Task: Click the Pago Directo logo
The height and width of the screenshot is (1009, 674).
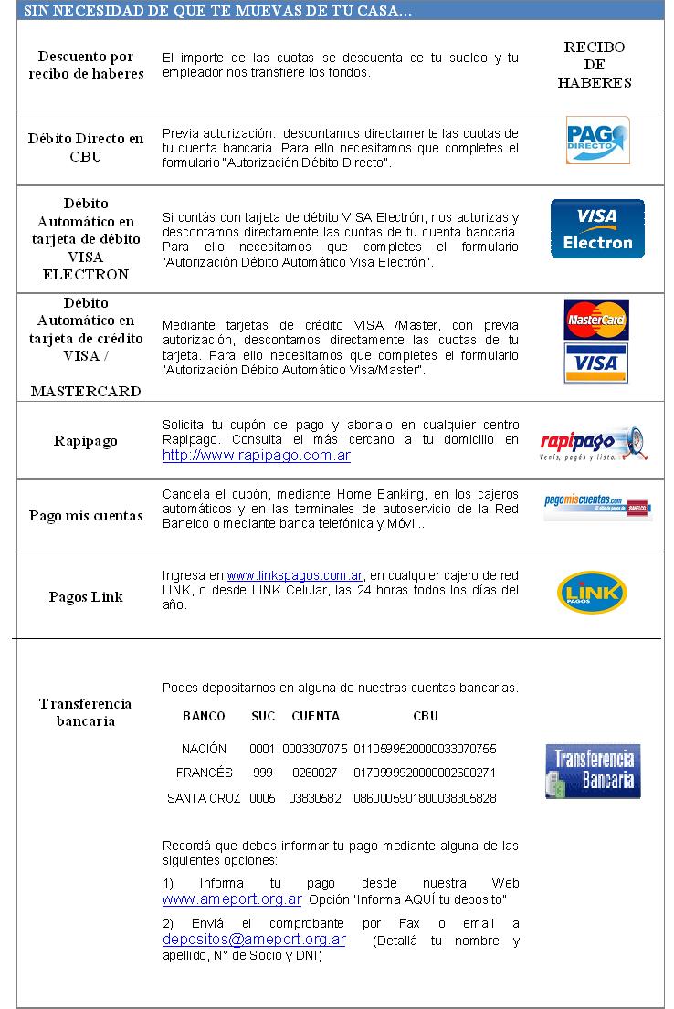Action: click(x=597, y=140)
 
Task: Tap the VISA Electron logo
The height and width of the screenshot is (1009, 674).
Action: click(x=597, y=228)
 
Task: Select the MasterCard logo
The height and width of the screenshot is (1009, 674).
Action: click(x=596, y=321)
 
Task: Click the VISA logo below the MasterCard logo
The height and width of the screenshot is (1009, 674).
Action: click(x=596, y=363)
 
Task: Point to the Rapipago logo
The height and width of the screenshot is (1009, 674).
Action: click(x=594, y=443)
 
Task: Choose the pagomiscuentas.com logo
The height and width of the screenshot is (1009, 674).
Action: click(x=597, y=507)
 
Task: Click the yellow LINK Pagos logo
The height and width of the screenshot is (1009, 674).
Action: click(x=592, y=591)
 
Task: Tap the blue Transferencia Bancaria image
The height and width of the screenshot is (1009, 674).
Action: click(x=593, y=771)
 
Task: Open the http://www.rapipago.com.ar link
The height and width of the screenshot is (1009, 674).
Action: click(x=257, y=455)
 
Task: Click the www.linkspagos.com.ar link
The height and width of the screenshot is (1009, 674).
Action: click(x=295, y=575)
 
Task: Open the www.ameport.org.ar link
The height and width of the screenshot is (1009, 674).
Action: click(x=232, y=899)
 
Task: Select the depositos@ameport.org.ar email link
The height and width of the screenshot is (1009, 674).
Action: click(x=254, y=939)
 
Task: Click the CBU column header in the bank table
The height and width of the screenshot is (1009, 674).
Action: click(x=426, y=717)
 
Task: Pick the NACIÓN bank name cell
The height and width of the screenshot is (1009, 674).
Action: click(x=204, y=749)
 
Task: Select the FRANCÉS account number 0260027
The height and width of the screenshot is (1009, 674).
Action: click(x=314, y=773)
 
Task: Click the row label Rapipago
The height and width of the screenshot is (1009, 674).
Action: click(x=86, y=441)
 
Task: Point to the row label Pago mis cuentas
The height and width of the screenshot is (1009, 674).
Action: click(x=86, y=516)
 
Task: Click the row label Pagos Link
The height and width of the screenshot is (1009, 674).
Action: click(x=86, y=597)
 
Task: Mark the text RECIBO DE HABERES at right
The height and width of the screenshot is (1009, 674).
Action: click(x=595, y=65)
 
